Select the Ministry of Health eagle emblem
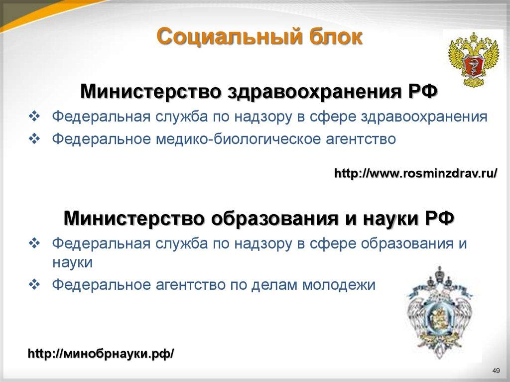tap(470, 58)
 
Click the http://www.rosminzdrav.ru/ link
tap(415, 173)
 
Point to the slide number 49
tap(495, 370)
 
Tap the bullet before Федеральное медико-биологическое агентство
tap(34, 139)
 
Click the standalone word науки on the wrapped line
tap(72, 262)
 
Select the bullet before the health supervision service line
tap(34, 117)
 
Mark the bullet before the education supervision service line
tap(34, 244)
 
